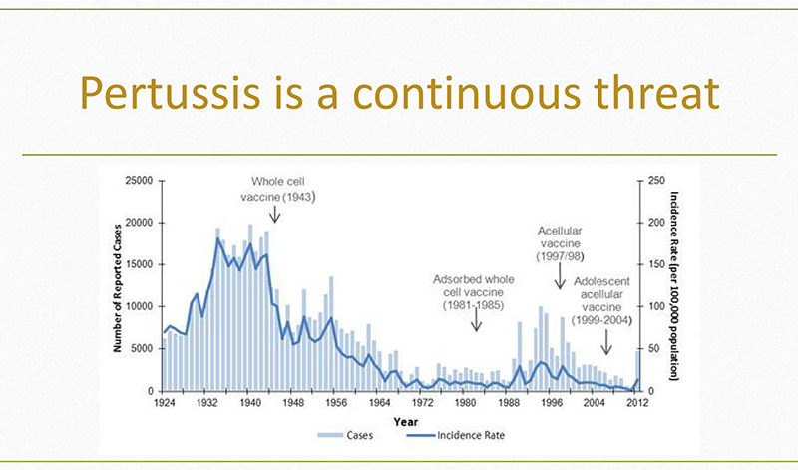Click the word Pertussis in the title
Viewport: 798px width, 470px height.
click(x=171, y=92)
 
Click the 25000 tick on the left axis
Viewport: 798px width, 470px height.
click(x=139, y=181)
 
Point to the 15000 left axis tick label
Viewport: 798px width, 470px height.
click(x=139, y=264)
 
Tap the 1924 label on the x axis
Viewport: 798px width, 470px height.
click(x=164, y=403)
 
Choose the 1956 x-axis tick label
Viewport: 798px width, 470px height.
click(x=336, y=403)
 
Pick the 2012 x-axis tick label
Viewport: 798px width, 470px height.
click(x=637, y=403)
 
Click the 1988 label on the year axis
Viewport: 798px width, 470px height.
click(x=508, y=403)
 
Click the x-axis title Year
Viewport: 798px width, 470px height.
click(x=406, y=422)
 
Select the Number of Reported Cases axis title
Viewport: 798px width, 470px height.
click(x=117, y=288)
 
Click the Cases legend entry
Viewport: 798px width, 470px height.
click(x=345, y=435)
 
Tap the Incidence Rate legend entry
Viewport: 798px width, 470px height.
click(x=456, y=435)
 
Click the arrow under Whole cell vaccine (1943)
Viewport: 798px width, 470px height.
click(x=275, y=214)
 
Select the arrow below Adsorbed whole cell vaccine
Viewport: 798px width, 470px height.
click(x=476, y=318)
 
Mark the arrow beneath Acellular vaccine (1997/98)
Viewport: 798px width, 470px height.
click(x=560, y=276)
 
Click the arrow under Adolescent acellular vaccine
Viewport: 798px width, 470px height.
click(x=606, y=342)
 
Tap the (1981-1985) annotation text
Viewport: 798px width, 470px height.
click(x=473, y=305)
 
